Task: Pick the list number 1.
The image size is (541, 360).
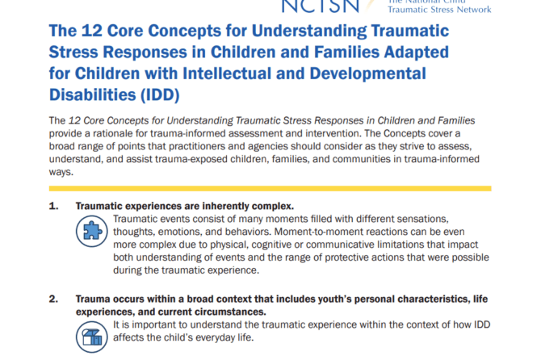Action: [53, 207]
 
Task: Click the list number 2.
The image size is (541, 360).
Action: [53, 299]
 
